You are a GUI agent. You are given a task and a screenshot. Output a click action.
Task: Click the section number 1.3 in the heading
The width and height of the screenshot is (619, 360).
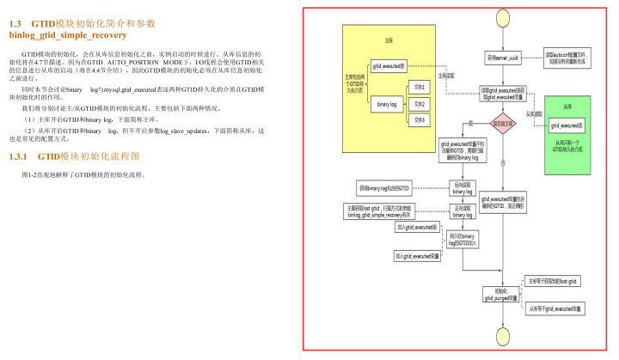tap(15, 23)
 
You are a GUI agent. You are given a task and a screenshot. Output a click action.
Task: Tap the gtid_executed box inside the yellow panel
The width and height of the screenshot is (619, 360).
tap(389, 66)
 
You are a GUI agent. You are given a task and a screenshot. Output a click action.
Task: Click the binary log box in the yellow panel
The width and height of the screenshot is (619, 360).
tap(388, 104)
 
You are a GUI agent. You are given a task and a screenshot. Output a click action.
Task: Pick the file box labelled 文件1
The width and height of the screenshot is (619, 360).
tap(419, 88)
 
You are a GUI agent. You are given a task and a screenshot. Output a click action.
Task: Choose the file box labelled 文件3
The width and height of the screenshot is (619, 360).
tap(419, 119)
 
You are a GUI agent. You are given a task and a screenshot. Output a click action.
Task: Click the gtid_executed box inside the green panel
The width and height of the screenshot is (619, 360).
tap(567, 125)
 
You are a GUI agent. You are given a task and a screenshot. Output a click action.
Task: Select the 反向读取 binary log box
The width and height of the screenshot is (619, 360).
tap(463, 187)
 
